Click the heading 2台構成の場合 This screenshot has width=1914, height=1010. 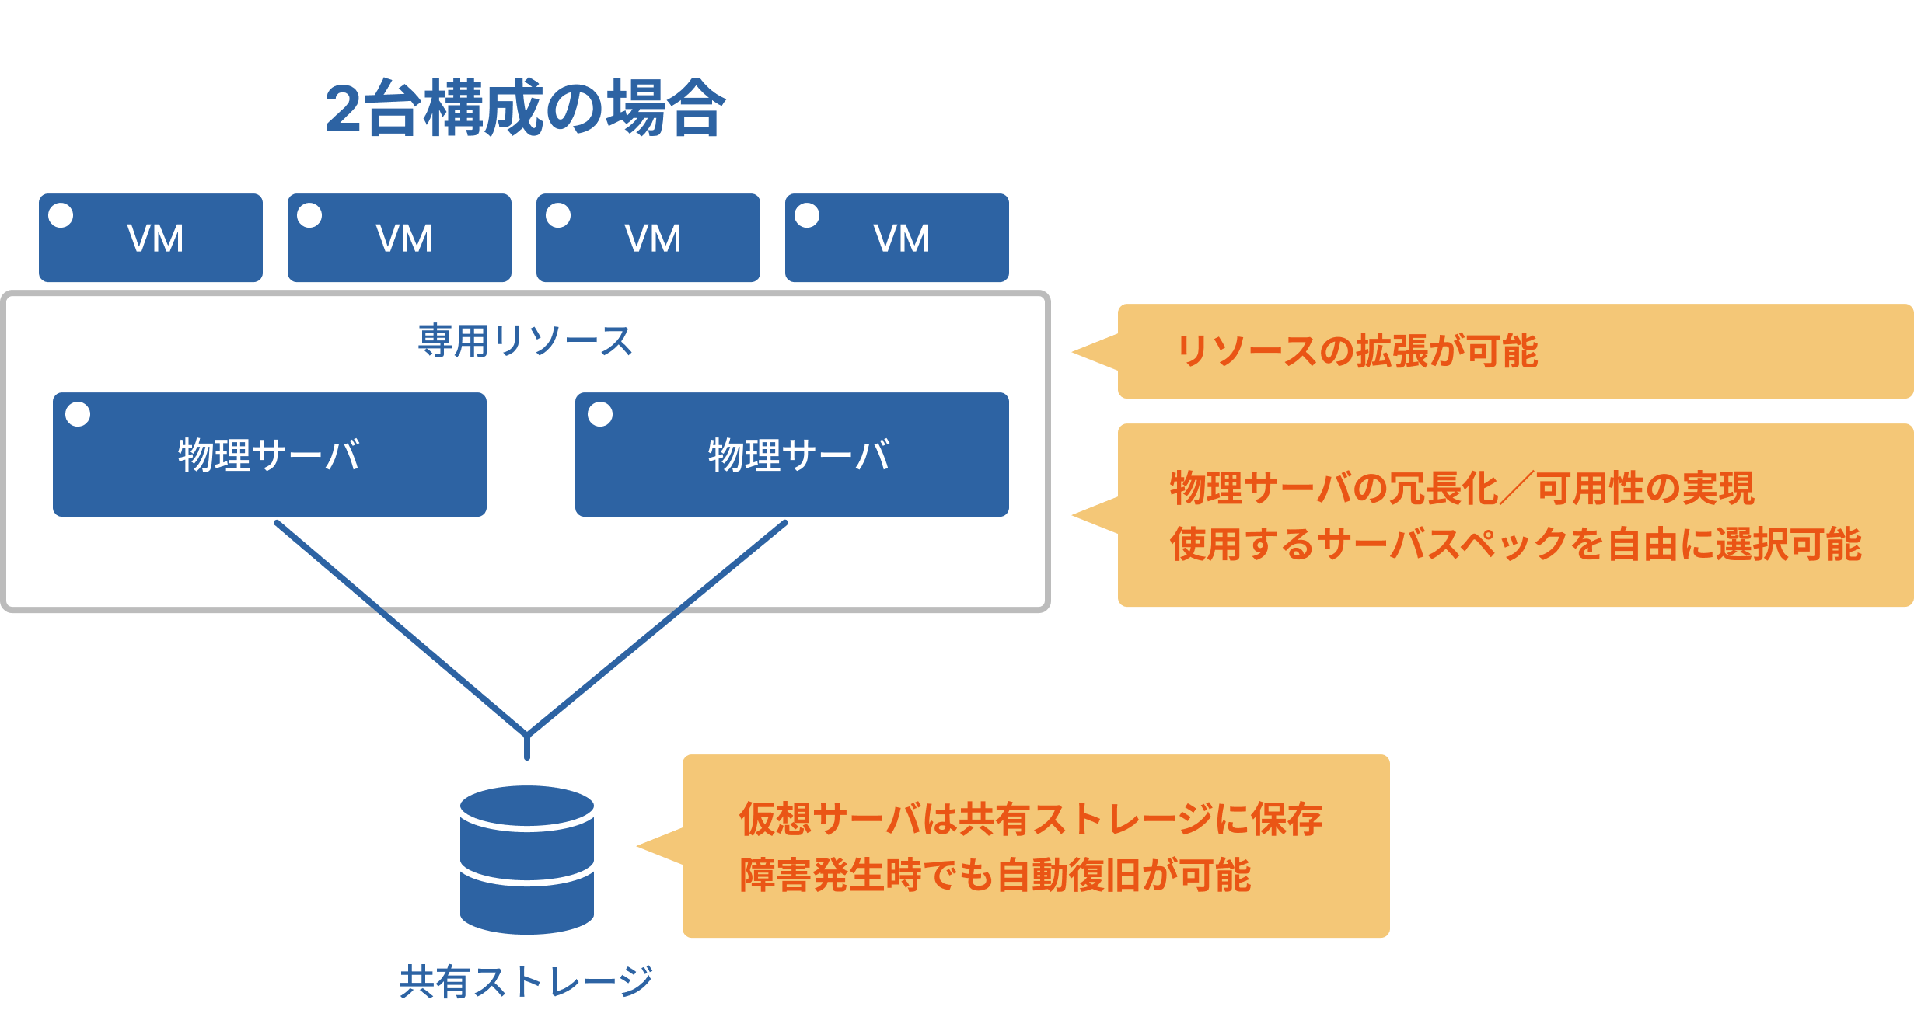(526, 109)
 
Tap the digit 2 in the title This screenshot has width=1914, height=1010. (343, 110)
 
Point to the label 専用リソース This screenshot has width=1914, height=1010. (526, 341)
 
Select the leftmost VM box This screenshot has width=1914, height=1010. (151, 238)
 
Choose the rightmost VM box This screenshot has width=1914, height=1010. (896, 238)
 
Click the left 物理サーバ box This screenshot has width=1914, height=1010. (269, 454)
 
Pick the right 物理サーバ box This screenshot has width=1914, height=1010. (791, 454)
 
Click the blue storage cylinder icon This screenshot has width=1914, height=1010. (527, 859)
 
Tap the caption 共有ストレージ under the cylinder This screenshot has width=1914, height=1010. (526, 981)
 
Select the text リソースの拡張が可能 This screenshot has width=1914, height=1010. (1357, 351)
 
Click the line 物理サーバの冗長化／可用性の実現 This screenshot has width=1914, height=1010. (1462, 489)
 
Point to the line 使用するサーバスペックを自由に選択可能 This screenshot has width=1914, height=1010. (1515, 544)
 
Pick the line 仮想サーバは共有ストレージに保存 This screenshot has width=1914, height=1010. (1031, 819)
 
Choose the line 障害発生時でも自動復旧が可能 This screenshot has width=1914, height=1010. (995, 875)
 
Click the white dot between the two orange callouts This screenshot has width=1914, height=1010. (1163, 413)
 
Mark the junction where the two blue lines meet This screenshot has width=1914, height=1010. (527, 733)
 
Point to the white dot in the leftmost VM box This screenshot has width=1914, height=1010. (61, 215)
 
